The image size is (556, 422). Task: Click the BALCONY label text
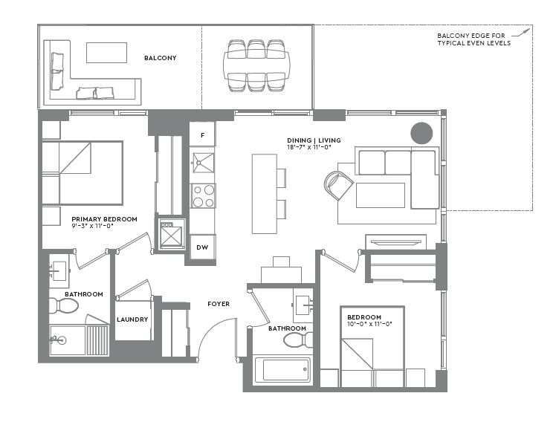click(x=160, y=57)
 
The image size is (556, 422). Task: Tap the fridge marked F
click(x=202, y=134)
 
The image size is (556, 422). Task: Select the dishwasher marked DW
click(x=202, y=247)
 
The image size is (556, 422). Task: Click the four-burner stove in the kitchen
click(x=203, y=195)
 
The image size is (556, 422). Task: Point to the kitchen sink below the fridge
click(x=202, y=162)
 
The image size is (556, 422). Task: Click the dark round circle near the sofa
click(x=421, y=132)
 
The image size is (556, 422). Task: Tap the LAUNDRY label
click(x=132, y=319)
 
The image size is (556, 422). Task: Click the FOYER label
click(x=219, y=304)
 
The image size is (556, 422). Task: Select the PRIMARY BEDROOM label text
click(x=104, y=219)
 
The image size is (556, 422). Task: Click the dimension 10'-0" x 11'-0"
click(x=369, y=324)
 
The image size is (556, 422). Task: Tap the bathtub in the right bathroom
click(x=282, y=369)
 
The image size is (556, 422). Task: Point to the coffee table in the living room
click(x=380, y=195)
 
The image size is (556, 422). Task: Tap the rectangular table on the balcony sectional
click(x=106, y=53)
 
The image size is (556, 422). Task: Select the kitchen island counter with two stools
click(x=264, y=193)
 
